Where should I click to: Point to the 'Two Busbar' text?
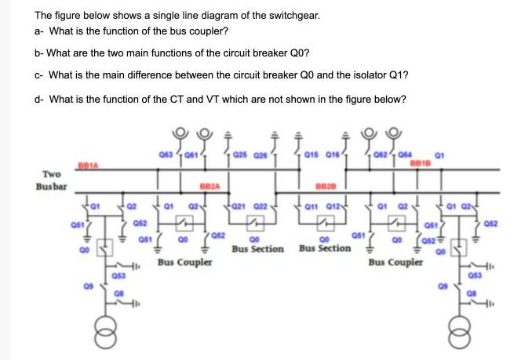[x=51, y=181]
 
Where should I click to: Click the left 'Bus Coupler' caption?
[x=184, y=262]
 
